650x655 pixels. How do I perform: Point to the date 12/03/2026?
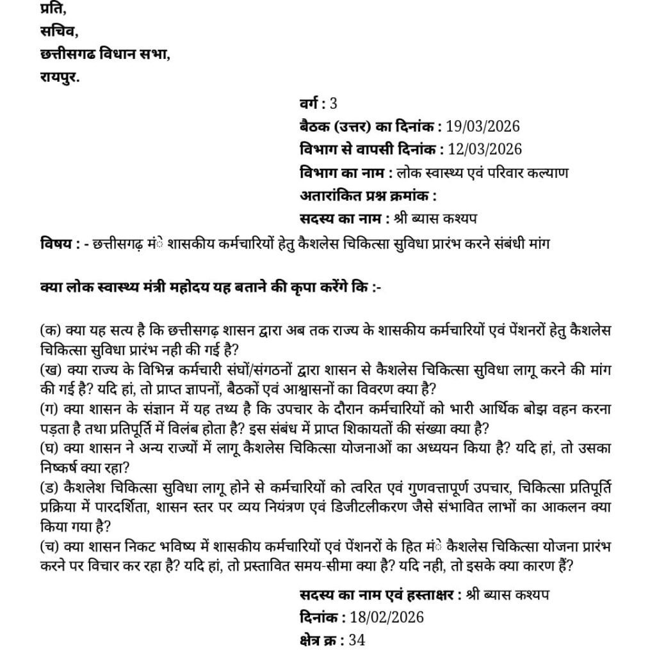pos(486,149)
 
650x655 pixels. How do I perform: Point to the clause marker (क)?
pos(49,331)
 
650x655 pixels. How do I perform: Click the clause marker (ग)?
pos(48,409)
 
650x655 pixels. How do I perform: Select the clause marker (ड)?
pos(48,488)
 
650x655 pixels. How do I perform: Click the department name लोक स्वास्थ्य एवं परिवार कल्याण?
pos(482,172)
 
